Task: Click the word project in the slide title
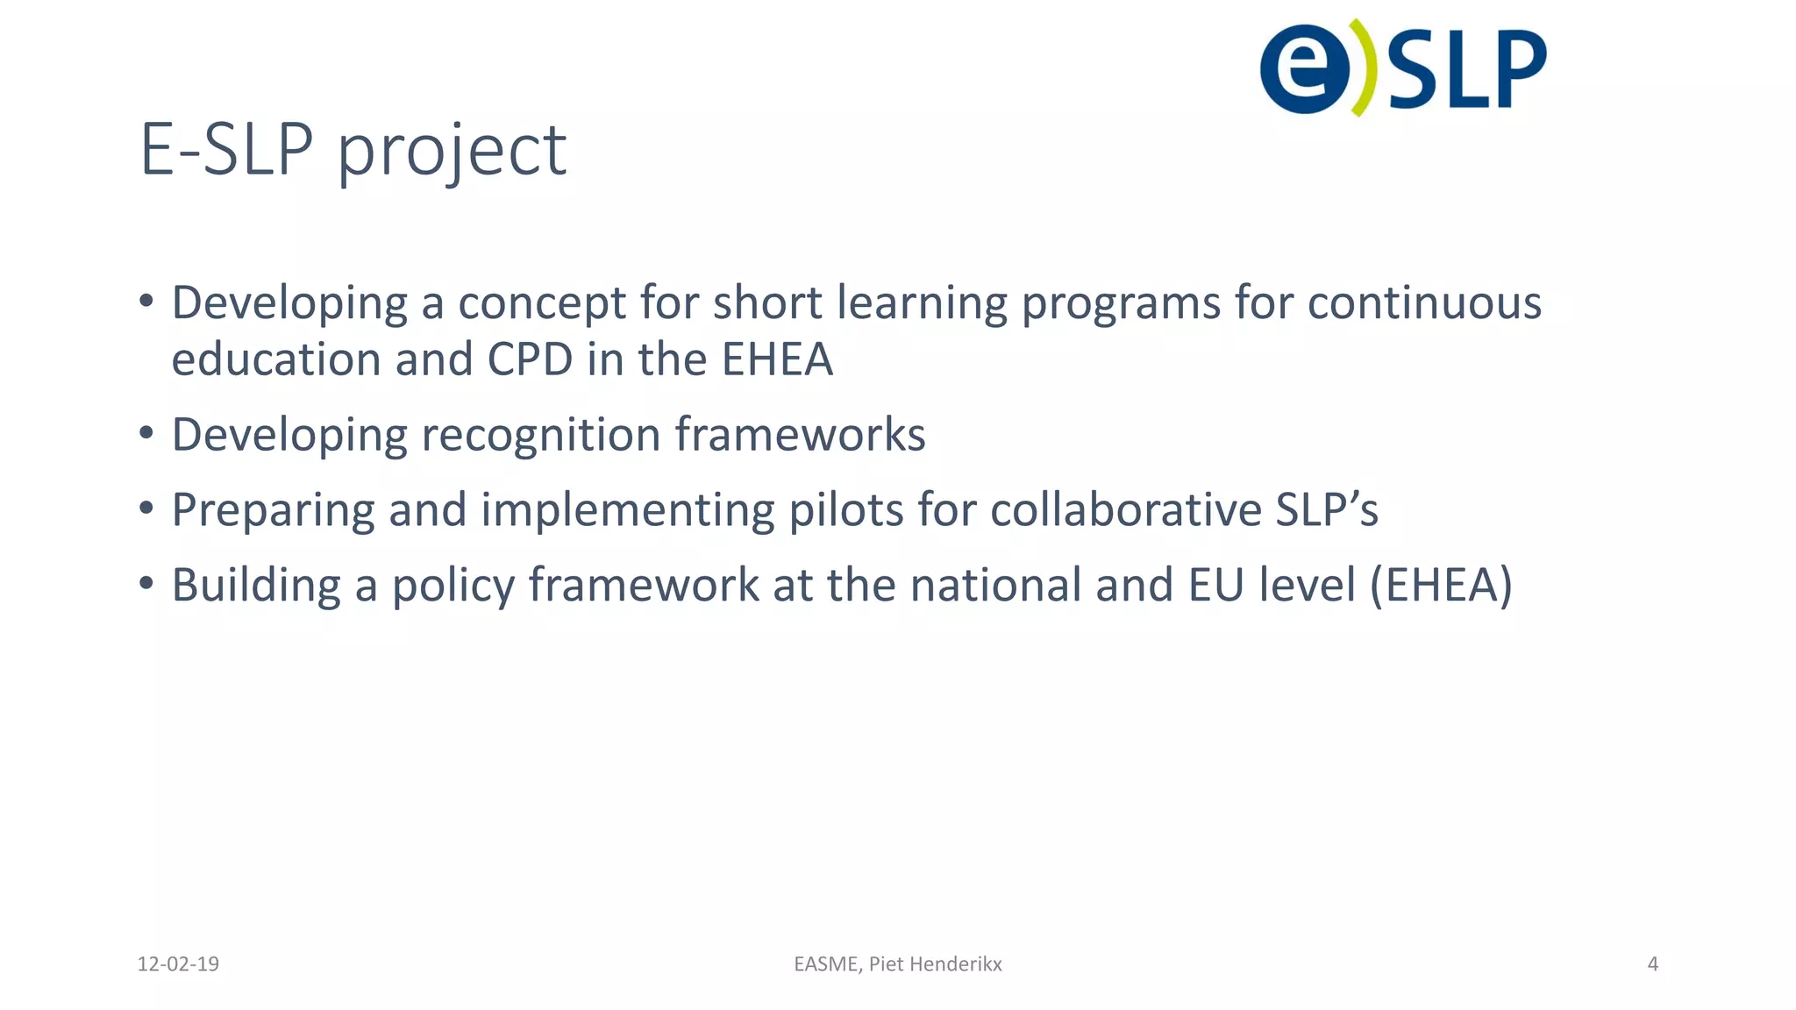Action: [x=452, y=151]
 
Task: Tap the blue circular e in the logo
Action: [x=1304, y=68]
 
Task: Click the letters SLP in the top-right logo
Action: [x=1466, y=69]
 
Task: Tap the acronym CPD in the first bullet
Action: [x=530, y=359]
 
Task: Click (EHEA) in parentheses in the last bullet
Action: [x=1441, y=586]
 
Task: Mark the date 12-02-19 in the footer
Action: [x=178, y=964]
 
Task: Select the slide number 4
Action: [x=1652, y=964]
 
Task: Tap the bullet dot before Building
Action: [x=146, y=583]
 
